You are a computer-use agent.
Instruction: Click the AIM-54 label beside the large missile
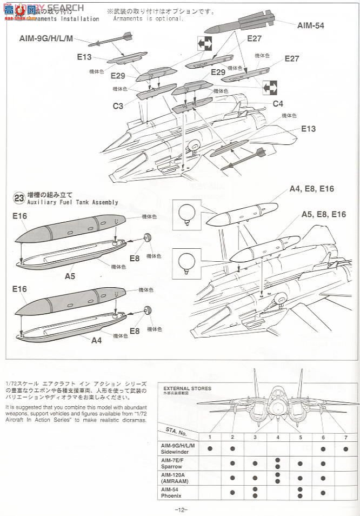(311, 25)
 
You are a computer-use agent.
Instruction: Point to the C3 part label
(118, 106)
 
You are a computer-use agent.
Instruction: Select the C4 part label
(277, 103)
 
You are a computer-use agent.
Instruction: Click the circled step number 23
(20, 199)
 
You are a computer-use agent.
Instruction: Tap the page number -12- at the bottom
(181, 510)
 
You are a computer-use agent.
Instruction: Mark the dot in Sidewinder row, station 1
(209, 448)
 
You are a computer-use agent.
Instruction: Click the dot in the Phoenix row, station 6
(322, 492)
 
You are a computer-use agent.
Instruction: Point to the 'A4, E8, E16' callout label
(312, 189)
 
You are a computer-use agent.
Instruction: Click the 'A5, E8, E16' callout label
(323, 214)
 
